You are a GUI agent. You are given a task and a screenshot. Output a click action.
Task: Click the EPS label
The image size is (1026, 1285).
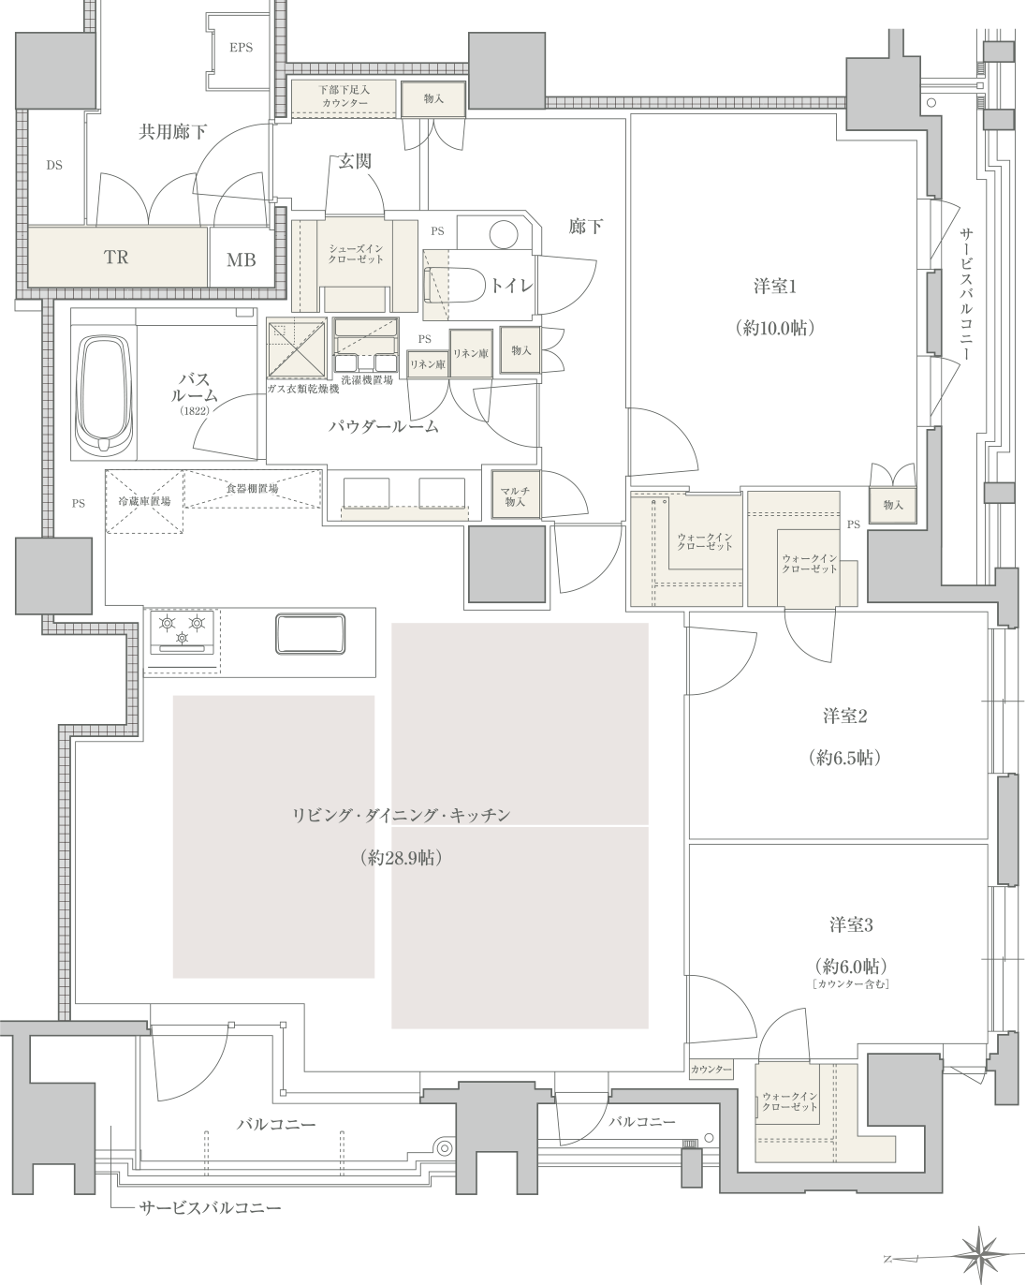[x=241, y=48]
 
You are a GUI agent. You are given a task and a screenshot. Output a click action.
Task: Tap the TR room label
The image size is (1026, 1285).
[x=116, y=258]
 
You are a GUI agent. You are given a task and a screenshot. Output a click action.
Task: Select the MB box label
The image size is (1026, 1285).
[x=242, y=259]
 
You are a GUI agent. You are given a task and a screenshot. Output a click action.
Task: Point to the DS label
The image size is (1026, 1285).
[x=54, y=166]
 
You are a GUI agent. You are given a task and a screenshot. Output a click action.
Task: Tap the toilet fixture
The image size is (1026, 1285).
[x=455, y=286]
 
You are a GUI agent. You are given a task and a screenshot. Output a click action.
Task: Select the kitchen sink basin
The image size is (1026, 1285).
[x=311, y=633]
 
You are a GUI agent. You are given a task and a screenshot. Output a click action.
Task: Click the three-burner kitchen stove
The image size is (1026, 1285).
[x=182, y=632]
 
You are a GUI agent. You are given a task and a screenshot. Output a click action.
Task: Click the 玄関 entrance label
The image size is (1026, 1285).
[x=355, y=161]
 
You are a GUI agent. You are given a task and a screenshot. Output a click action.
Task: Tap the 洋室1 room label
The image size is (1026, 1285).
[x=775, y=288]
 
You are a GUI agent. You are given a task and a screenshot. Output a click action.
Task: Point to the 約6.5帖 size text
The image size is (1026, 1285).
[x=845, y=758]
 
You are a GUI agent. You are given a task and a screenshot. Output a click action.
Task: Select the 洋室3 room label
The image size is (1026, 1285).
[x=851, y=925]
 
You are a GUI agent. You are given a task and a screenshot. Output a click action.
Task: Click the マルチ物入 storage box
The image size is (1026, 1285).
[x=516, y=495]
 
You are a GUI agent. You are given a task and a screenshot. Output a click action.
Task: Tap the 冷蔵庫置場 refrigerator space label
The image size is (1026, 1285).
[x=144, y=502]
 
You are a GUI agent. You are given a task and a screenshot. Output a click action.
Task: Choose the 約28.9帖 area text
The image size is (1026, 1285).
[x=401, y=858]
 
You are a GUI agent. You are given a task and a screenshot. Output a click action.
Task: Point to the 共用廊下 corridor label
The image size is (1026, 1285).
[x=172, y=132]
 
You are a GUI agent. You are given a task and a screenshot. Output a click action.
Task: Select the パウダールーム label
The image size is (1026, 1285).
[x=384, y=426]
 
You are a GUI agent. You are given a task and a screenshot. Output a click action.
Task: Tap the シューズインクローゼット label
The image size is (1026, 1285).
[x=356, y=254]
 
